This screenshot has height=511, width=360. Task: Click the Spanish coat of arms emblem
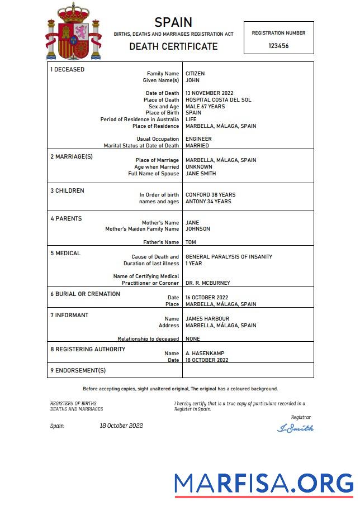tap(73, 32)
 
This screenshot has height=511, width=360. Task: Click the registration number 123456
tap(278, 46)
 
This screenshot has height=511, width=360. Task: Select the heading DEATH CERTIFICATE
tap(173, 46)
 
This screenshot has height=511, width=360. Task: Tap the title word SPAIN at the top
tap(173, 22)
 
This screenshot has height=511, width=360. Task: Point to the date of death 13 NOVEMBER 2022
tap(210, 93)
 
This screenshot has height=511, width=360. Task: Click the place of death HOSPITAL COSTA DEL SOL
tap(218, 100)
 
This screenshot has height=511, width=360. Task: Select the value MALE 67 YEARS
tap(205, 107)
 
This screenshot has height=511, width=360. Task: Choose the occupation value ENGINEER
tap(198, 139)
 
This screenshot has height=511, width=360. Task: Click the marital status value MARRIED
tap(197, 146)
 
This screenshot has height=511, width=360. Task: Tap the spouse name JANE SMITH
tap(202, 174)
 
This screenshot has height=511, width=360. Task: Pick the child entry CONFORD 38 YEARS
tap(211, 195)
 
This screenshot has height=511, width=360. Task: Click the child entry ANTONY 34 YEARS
tap(208, 202)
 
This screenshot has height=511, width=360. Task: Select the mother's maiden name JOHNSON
tap(198, 229)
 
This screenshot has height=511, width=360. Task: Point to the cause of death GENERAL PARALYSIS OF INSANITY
tap(229, 257)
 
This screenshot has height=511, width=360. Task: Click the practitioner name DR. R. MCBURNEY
tap(207, 283)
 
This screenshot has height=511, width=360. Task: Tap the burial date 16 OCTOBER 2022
tap(207, 298)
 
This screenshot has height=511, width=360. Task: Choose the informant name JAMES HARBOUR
tap(207, 319)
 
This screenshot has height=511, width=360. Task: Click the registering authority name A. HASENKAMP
tap(205, 354)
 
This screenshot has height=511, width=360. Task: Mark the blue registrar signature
tap(295, 428)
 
